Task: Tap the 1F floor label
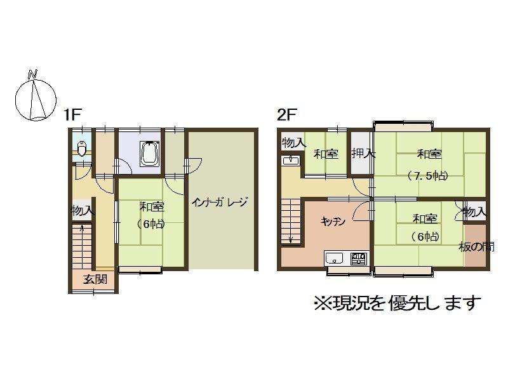coord(72,115)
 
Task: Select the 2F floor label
coord(287,115)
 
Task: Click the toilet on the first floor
coord(82,149)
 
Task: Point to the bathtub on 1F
coord(149,154)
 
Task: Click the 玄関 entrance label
coord(95,279)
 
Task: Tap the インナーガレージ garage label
coord(219,202)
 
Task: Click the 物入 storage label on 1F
coord(83,211)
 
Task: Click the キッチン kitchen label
coord(333,222)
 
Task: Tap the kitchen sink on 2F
coord(335,259)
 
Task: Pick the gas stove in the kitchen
coord(359,258)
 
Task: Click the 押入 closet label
coord(363,153)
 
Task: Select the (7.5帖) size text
coord(427,176)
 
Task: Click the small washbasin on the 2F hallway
coord(291,160)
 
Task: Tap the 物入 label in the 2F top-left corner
coord(293,142)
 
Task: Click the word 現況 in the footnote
coord(345,304)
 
